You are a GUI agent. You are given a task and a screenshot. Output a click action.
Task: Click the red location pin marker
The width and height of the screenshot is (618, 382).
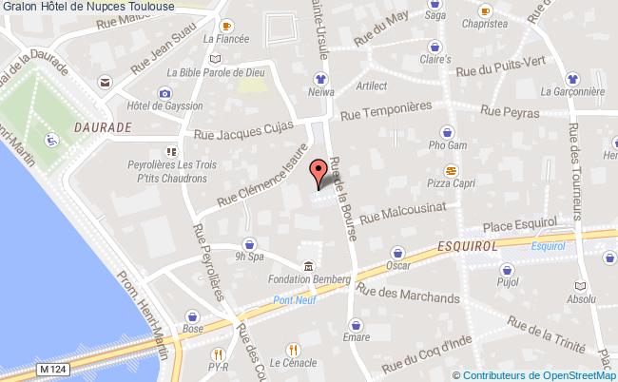point(319,173)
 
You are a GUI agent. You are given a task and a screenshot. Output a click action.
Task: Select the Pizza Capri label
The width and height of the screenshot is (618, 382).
point(452,183)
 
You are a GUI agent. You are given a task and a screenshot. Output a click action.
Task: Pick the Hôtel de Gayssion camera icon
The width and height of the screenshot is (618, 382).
point(165,93)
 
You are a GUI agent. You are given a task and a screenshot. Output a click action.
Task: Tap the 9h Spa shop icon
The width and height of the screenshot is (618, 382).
point(248,242)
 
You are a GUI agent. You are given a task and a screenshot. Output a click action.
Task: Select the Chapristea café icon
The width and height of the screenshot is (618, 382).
point(485,11)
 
